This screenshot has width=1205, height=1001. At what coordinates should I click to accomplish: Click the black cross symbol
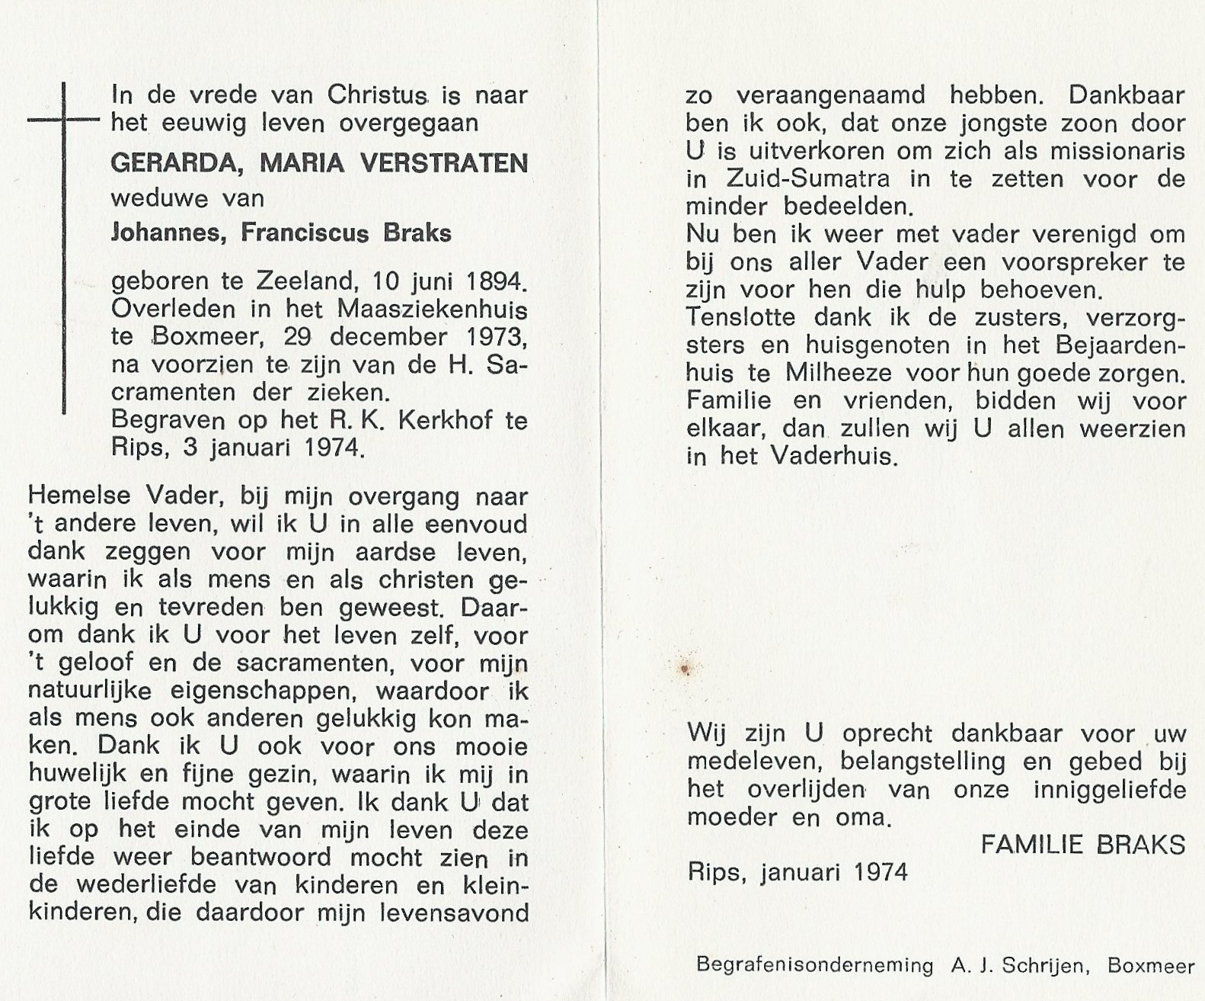[x=64, y=120]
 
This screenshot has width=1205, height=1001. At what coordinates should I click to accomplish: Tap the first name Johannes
[x=169, y=233]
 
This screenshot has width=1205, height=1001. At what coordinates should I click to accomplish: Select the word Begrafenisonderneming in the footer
[x=814, y=966]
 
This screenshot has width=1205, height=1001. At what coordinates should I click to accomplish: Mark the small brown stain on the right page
[x=684, y=669]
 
